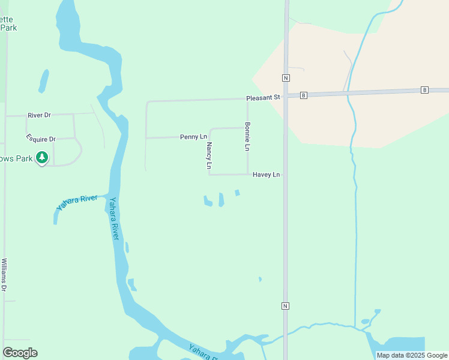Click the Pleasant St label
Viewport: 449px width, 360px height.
(263, 97)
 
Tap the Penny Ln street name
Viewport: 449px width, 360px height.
(193, 137)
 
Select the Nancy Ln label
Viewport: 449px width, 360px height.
(209, 155)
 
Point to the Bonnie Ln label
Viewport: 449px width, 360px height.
(247, 136)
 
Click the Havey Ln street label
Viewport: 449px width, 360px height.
(267, 175)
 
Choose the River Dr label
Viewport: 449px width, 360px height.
(41, 115)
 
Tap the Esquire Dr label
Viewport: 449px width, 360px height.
(41, 139)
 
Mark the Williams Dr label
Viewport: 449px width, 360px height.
(4, 275)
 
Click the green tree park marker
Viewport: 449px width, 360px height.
(41, 158)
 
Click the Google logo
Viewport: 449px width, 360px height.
(20, 353)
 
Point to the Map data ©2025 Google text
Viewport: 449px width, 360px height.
(412, 355)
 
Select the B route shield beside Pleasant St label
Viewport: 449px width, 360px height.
(304, 95)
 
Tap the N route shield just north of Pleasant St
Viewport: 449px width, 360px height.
(286, 78)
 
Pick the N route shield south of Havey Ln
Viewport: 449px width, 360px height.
(286, 306)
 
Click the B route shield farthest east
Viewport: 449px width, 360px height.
(425, 90)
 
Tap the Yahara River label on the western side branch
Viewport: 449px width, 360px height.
(77, 202)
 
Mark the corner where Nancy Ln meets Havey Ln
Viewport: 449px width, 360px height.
(209, 175)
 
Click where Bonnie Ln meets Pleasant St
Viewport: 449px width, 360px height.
(247, 100)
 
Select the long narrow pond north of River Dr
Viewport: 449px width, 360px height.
(44, 81)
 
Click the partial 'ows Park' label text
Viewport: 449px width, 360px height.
(16, 158)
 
